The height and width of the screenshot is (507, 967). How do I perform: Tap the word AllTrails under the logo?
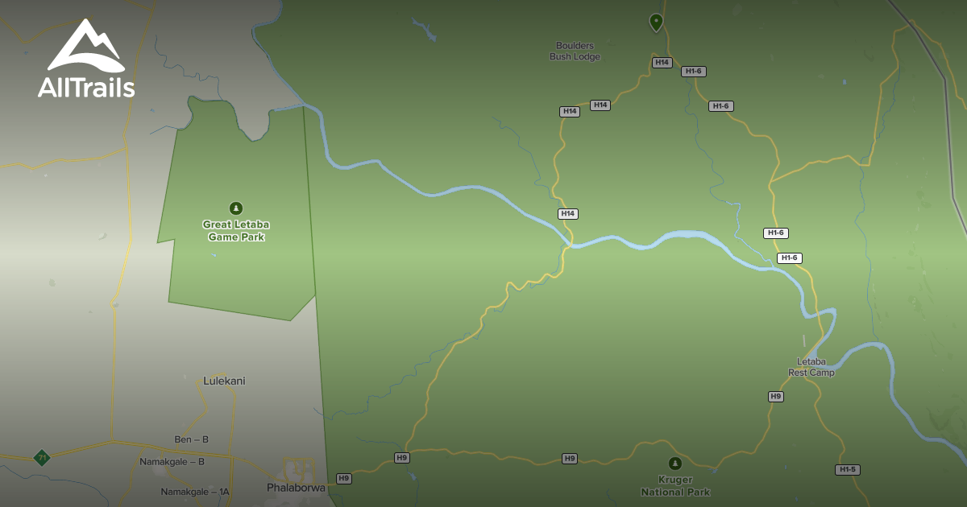tap(86, 87)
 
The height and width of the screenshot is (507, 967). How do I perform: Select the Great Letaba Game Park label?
tap(235, 231)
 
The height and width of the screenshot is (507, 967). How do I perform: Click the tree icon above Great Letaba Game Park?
tap(236, 208)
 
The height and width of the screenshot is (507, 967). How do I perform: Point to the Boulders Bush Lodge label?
tap(575, 52)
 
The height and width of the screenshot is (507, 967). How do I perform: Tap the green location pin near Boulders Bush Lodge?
tap(656, 22)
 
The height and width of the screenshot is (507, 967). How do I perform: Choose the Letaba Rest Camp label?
tap(811, 367)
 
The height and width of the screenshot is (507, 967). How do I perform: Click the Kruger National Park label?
tap(675, 486)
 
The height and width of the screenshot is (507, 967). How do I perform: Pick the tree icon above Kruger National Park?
tap(675, 464)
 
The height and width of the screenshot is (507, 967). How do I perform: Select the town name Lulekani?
tap(224, 381)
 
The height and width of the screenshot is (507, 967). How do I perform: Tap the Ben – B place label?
tap(192, 439)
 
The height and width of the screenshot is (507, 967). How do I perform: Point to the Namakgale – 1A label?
tap(195, 492)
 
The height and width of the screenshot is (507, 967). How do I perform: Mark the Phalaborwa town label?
tap(296, 488)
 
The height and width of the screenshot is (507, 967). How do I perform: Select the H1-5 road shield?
tap(847, 469)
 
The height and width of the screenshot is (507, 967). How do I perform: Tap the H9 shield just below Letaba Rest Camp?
tap(775, 397)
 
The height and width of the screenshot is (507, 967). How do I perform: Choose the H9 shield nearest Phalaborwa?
tap(344, 478)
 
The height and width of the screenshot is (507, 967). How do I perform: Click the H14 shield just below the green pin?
tap(662, 62)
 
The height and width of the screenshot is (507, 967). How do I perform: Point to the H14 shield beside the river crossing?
tap(568, 214)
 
